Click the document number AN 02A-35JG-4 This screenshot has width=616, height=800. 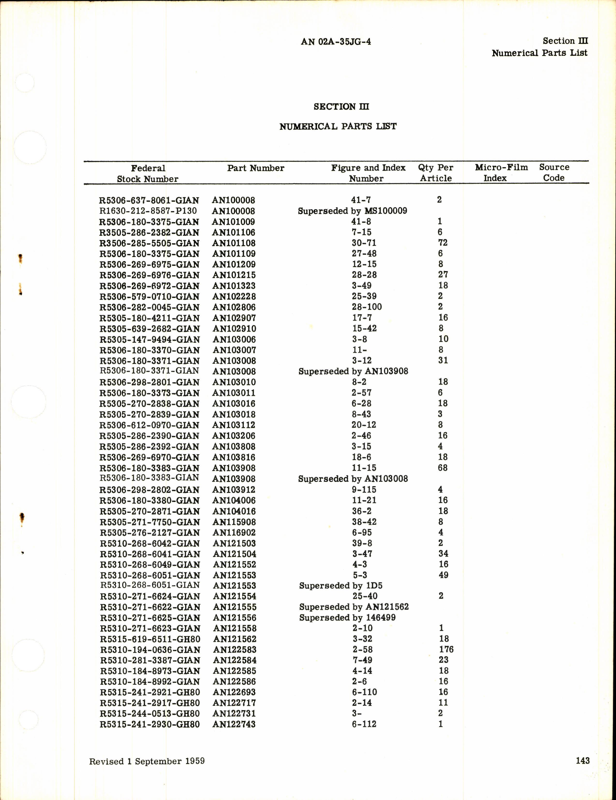click(336, 42)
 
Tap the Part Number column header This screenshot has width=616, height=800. click(255, 168)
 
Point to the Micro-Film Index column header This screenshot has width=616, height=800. click(501, 173)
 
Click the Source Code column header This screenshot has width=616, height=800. click(554, 173)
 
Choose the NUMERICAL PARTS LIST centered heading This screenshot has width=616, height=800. click(338, 127)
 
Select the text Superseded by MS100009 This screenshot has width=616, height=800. click(352, 211)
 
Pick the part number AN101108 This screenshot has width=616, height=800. click(234, 243)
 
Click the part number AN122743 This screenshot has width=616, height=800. click(234, 724)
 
